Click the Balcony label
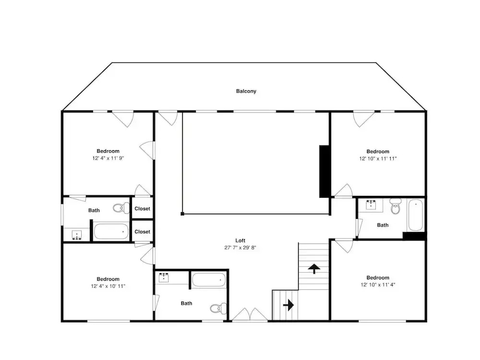[246, 91]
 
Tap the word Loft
[240, 240]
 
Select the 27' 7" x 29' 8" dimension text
[240, 248]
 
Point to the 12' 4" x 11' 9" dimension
[108, 158]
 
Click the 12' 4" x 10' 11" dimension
[108, 286]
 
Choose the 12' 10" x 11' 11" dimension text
[378, 158]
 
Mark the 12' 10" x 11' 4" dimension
[378, 285]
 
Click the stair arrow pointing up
[314, 268]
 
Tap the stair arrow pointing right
[288, 305]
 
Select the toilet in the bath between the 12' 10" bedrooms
[396, 206]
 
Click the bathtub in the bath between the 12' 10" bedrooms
[416, 215]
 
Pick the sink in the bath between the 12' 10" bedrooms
[371, 205]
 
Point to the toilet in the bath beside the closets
[121, 208]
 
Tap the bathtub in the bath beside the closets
[111, 231]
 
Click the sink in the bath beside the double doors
[164, 277]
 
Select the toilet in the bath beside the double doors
[218, 308]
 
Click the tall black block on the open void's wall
[324, 171]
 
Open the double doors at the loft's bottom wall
[250, 315]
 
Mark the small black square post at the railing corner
[182, 214]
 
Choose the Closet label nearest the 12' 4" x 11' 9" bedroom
[143, 209]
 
